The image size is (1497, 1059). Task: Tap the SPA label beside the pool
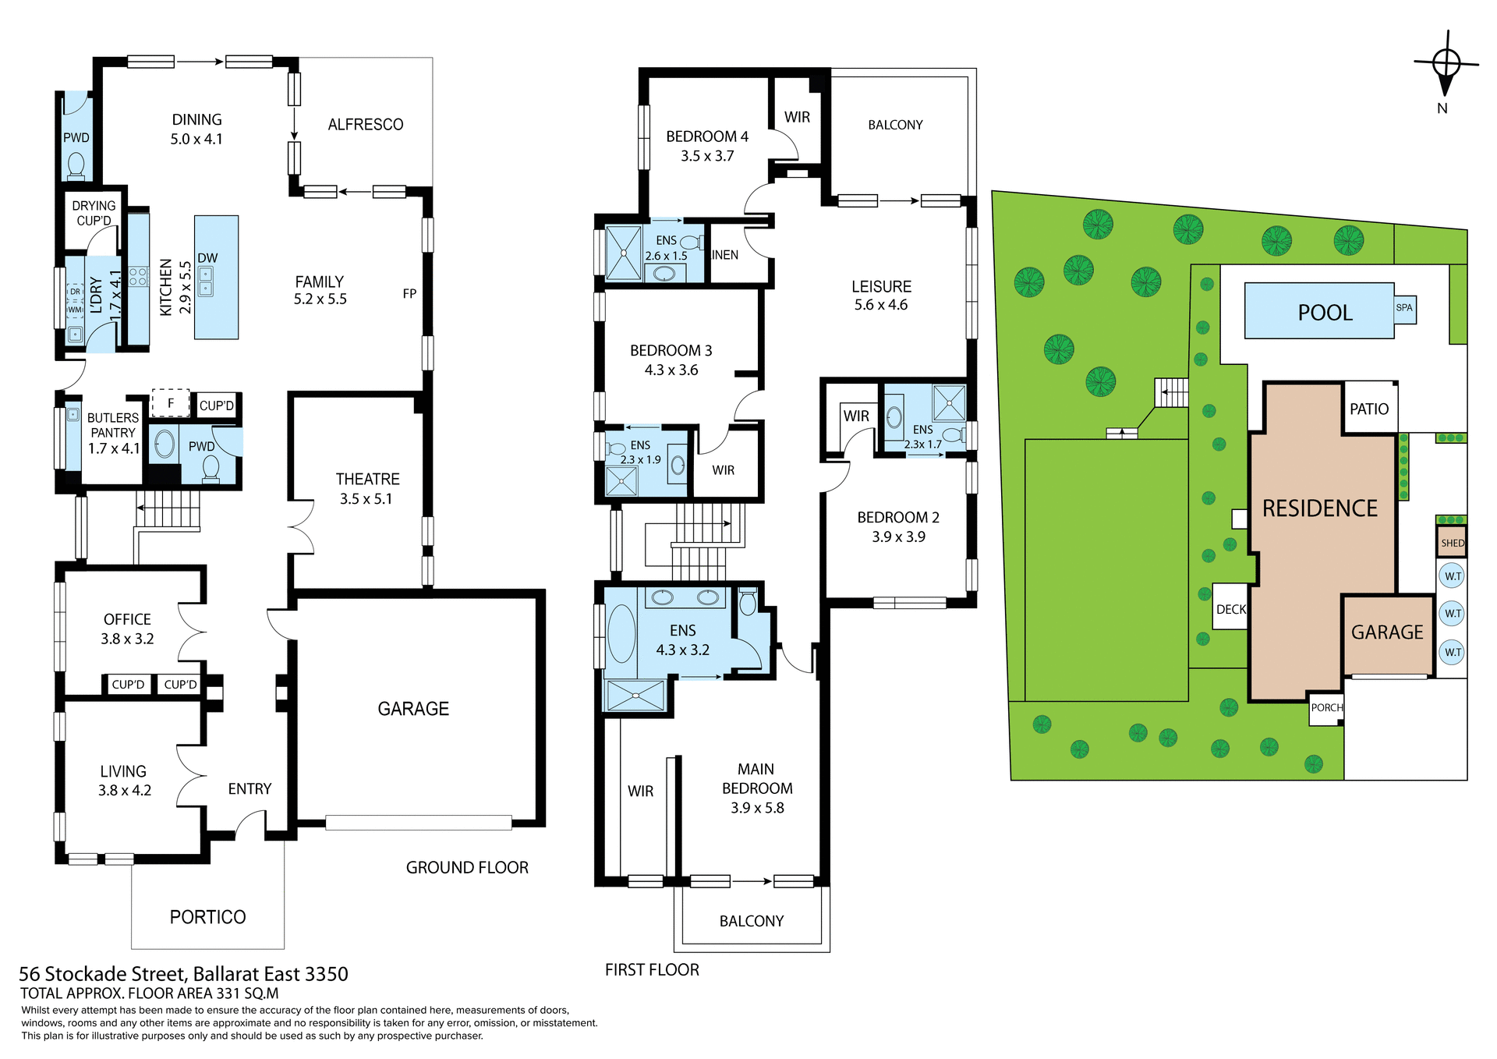pyautogui.click(x=1404, y=308)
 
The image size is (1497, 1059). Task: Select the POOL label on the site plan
pyautogui.click(x=1325, y=313)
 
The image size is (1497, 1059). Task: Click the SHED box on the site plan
pyautogui.click(x=1452, y=543)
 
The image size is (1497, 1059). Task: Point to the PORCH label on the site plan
pyautogui.click(x=1326, y=708)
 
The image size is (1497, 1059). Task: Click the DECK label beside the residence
pyautogui.click(x=1231, y=610)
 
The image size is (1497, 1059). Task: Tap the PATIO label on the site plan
pyautogui.click(x=1369, y=409)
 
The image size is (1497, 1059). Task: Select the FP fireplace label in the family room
pyautogui.click(x=409, y=294)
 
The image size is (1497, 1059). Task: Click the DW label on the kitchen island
pyautogui.click(x=207, y=258)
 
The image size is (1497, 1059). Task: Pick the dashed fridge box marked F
pyautogui.click(x=171, y=403)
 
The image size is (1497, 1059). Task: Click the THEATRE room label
pyautogui.click(x=367, y=480)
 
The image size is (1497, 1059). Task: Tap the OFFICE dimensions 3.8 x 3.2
pyautogui.click(x=127, y=639)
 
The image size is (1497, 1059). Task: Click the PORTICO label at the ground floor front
pyautogui.click(x=207, y=917)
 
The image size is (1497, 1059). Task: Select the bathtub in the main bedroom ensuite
pyautogui.click(x=621, y=633)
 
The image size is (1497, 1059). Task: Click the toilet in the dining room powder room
pyautogui.click(x=76, y=165)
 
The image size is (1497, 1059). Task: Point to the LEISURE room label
pyautogui.click(x=881, y=287)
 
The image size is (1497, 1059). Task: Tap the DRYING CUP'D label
pyautogui.click(x=94, y=213)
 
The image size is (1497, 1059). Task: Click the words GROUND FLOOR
pyautogui.click(x=467, y=868)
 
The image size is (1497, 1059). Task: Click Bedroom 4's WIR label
pyautogui.click(x=797, y=118)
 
